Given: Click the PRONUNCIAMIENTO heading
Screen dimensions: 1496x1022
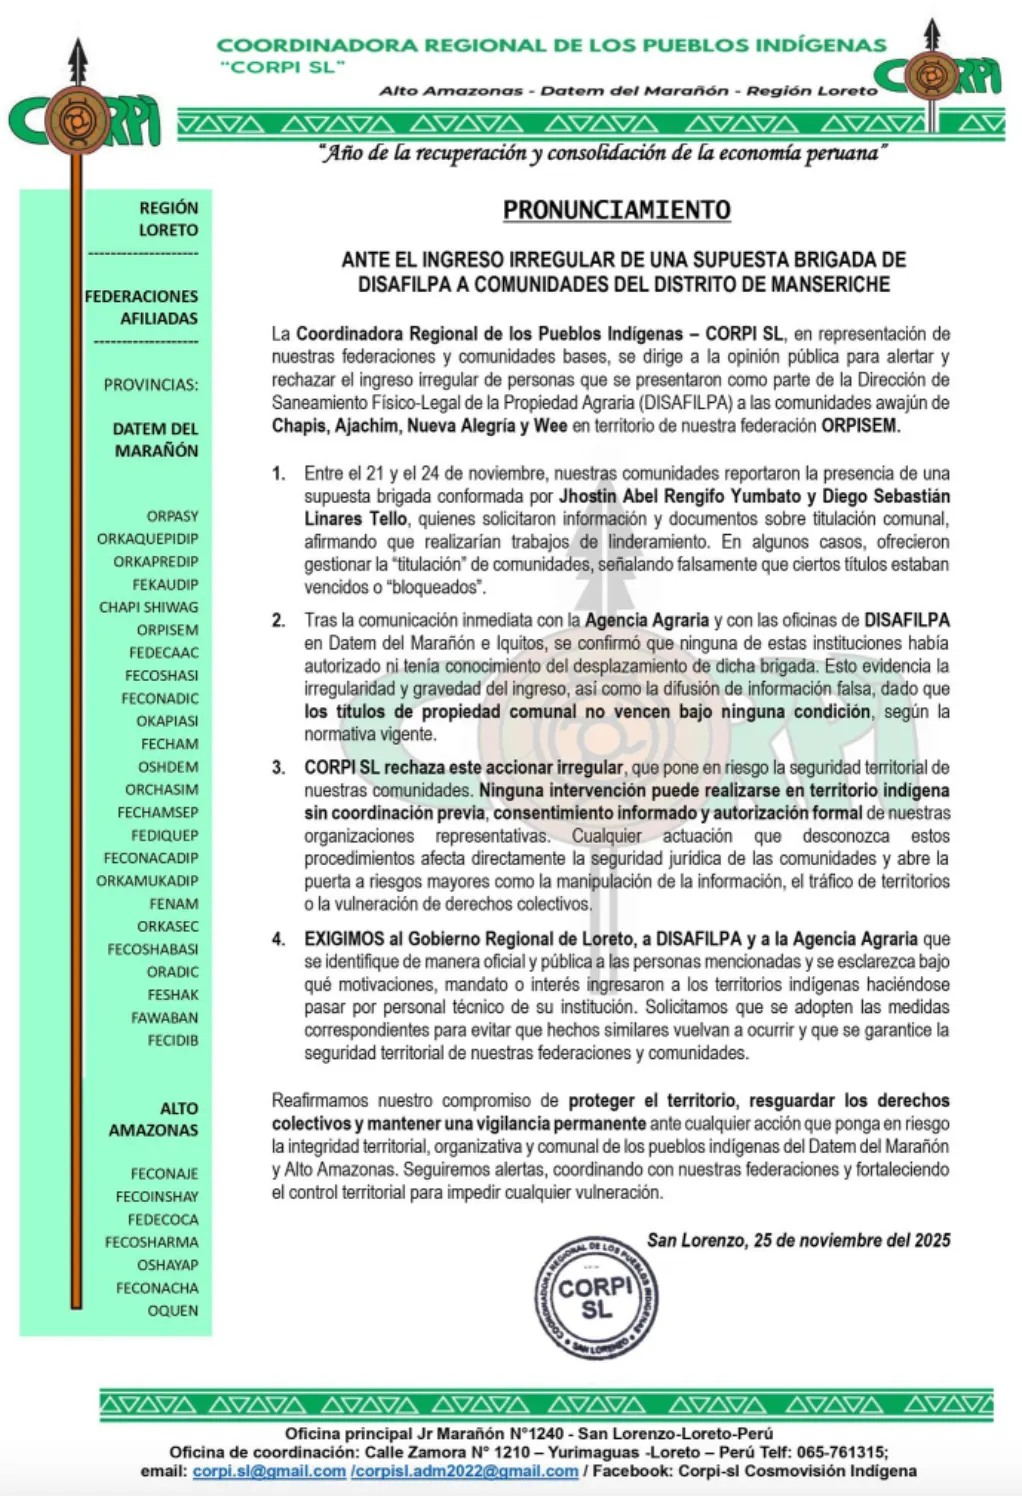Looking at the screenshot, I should click(x=616, y=210).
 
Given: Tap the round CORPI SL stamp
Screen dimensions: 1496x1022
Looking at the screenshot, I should click(x=596, y=1297).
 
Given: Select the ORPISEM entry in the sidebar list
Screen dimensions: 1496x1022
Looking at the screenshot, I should click(x=167, y=630).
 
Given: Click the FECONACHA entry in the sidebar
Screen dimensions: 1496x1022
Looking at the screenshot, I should click(x=157, y=1288).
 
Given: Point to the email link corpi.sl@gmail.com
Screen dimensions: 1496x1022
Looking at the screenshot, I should click(x=269, y=1471).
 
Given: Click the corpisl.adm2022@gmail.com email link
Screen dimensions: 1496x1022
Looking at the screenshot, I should click(x=465, y=1471).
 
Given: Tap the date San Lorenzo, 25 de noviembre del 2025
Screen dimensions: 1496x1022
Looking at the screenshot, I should click(x=798, y=1240).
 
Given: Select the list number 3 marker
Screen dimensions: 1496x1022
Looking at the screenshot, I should click(x=279, y=768).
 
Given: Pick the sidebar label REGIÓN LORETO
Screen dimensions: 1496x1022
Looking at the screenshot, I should click(x=168, y=219).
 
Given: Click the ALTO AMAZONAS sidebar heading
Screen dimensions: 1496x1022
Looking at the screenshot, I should click(x=154, y=1119).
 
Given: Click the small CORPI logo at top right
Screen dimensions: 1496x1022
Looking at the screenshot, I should click(x=938, y=74).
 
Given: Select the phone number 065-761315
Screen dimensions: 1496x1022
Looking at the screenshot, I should click(x=836, y=1452).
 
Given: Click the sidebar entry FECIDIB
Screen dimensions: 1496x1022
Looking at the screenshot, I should click(x=173, y=1040).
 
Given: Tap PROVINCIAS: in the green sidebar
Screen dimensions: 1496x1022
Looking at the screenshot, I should click(x=151, y=385).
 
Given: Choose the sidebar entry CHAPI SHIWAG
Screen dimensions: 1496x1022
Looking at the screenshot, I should click(x=149, y=607).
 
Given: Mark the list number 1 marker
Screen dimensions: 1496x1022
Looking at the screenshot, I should click(x=279, y=474).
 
